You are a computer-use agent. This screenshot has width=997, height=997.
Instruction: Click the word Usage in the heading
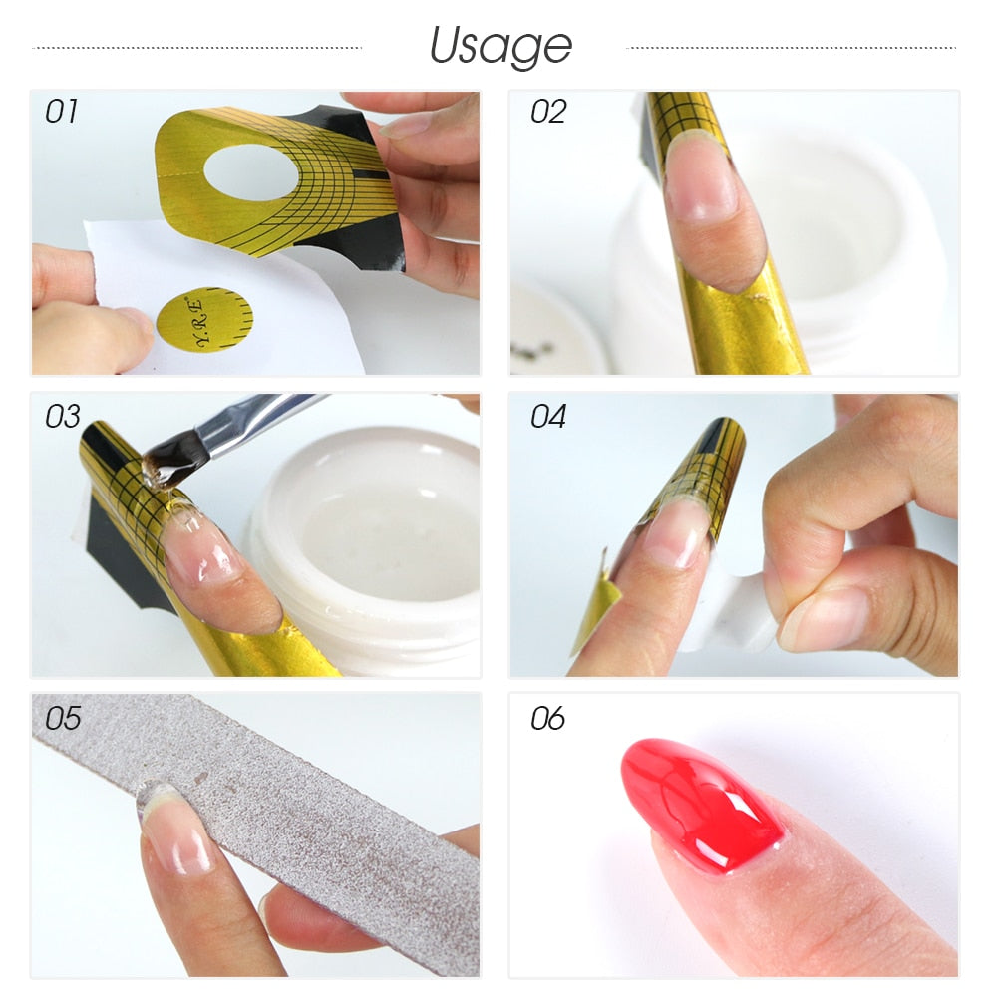500,46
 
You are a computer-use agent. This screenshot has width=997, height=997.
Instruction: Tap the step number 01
62,112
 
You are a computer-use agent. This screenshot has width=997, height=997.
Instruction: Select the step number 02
548,112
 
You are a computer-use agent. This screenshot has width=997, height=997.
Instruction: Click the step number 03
62,416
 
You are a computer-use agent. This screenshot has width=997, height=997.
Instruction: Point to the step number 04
548,416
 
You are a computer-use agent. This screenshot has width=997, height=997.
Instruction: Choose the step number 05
62,718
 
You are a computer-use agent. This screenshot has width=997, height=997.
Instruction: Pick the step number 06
548,718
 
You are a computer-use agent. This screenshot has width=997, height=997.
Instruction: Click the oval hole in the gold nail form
250,172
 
